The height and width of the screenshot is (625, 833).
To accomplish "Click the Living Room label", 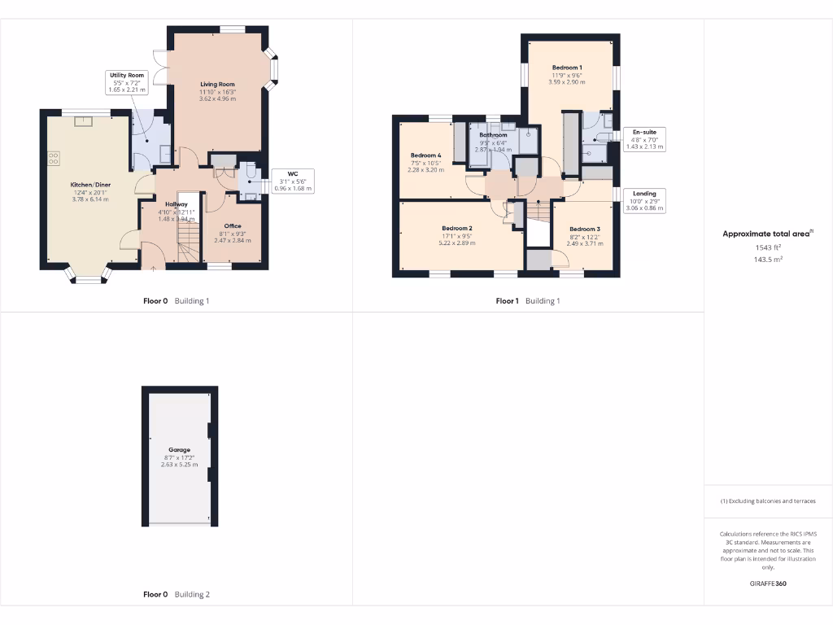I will pos(217,84).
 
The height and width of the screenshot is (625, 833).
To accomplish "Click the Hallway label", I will pos(177,204).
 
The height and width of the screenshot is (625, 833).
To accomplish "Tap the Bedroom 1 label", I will pos(567,68).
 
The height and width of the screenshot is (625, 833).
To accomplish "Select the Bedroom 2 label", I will pos(457,228).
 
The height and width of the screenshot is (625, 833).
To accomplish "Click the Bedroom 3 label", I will pos(584,229).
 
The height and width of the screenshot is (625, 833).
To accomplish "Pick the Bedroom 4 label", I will pos(425,155).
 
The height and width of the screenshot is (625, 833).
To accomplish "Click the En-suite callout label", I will pos(643,132).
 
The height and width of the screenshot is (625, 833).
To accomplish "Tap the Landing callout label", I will pos(643,194).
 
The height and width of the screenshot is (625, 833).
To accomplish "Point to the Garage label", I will pos(179,450).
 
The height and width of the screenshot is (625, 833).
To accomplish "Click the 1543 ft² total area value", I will pos(767,247).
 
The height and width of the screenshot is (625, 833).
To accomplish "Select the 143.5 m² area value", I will pos(767,260).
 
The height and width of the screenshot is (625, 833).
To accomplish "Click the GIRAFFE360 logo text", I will pos(767,583).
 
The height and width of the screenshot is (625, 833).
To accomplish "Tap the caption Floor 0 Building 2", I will pos(177,595).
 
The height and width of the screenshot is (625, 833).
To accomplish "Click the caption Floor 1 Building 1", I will pos(528,301).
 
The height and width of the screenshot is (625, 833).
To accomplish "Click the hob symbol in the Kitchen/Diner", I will pos(55,158).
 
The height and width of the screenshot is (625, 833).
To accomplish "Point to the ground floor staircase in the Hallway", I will pos(188,242).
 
